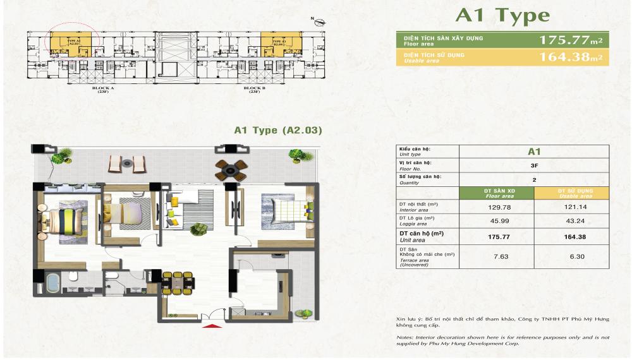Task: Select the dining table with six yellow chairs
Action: click(176, 283)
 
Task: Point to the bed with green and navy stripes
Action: click(65, 220)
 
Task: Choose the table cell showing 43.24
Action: click(571, 221)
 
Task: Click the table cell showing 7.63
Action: click(496, 256)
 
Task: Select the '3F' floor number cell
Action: click(533, 165)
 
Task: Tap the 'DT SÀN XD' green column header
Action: click(496, 193)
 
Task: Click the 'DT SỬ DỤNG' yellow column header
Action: click(571, 193)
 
